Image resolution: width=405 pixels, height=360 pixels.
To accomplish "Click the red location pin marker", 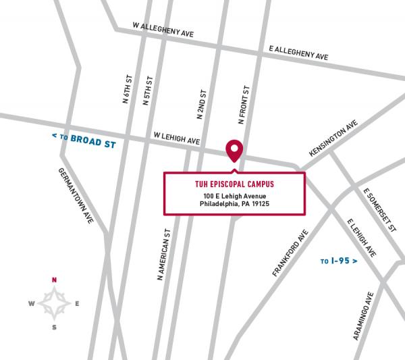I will (x=234, y=149).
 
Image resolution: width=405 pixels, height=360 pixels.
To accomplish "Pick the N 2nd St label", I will (x=200, y=104).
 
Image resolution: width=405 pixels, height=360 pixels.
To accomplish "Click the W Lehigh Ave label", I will (x=177, y=138).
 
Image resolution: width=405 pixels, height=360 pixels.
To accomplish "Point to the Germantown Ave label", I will (x=75, y=196).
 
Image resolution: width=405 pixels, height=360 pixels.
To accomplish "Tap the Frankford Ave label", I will (x=290, y=253).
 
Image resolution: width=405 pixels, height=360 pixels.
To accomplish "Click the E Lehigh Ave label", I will (x=360, y=237).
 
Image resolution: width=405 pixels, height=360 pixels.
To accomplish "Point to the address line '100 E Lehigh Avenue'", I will (x=234, y=197).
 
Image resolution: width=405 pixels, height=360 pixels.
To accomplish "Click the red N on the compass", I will (x=55, y=280).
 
